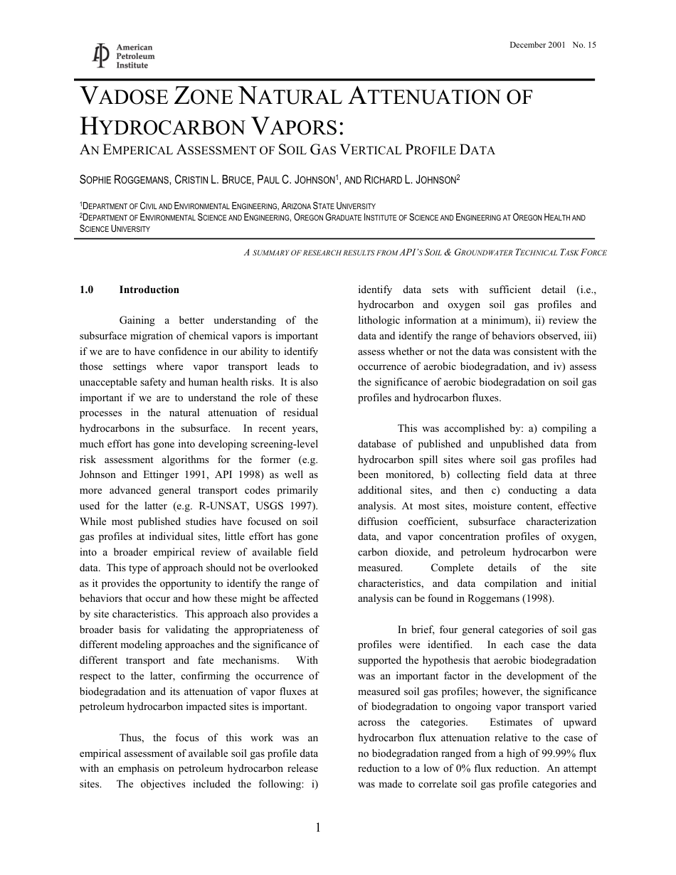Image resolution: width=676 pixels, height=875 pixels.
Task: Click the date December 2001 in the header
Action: [x=537, y=45]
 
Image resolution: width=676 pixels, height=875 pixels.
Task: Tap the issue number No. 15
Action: [x=584, y=45]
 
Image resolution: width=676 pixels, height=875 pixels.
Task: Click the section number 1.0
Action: [x=86, y=290]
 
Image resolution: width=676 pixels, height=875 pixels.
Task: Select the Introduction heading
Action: [x=149, y=290]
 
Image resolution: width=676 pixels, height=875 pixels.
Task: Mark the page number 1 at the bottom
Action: [x=318, y=827]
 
